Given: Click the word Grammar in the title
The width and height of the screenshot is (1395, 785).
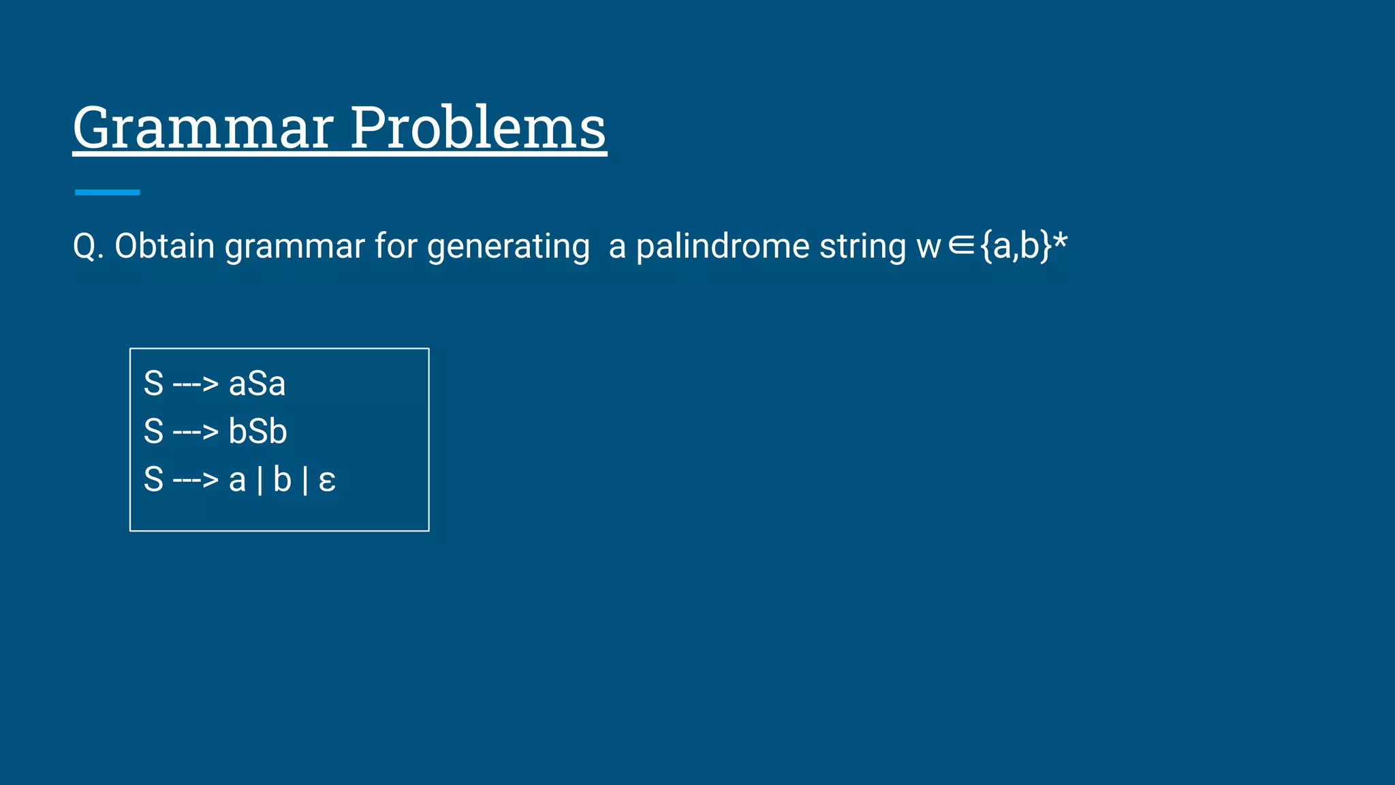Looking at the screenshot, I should coord(203,128).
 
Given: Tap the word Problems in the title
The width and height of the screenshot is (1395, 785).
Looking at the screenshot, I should coord(477,128).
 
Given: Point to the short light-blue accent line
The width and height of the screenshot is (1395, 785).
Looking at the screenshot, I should coord(107,193).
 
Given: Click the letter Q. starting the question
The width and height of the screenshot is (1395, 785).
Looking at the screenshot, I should coord(88,246).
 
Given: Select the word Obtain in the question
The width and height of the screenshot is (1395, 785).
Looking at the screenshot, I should coord(164,246).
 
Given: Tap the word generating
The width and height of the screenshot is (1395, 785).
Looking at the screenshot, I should coord(508,247).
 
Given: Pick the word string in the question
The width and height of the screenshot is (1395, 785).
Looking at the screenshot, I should coord(862,247).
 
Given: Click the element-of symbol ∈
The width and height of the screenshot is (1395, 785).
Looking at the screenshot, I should coord(961,246).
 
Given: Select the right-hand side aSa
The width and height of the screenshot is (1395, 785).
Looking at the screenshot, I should coord(257,384).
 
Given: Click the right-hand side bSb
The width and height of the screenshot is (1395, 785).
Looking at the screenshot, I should coord(257,431).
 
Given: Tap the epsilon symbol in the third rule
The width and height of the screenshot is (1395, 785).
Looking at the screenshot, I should coord(327,481).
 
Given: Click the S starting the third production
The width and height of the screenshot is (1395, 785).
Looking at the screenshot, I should coord(154,480).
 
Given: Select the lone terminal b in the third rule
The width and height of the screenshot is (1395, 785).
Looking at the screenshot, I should coord(282,480).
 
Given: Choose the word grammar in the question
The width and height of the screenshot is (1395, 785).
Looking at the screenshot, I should coord(295,247).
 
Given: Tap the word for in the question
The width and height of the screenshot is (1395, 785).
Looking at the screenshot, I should coord(396,246).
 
